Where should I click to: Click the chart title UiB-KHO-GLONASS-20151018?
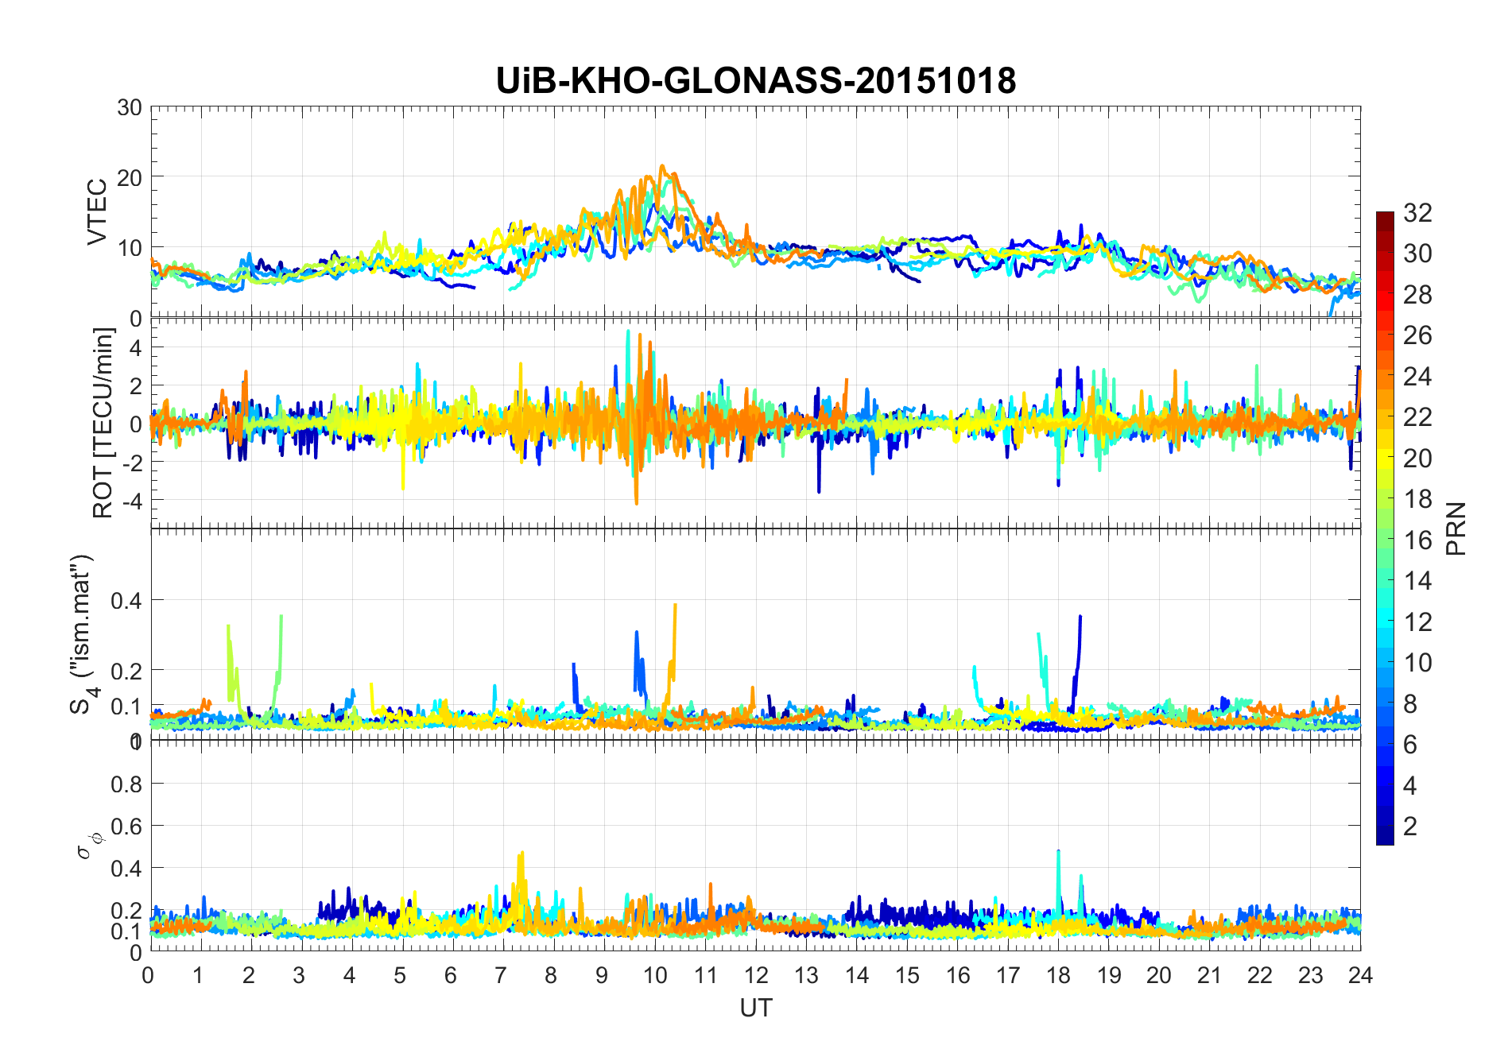[x=755, y=81]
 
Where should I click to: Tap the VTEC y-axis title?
[x=97, y=212]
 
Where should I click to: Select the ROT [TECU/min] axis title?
[x=103, y=423]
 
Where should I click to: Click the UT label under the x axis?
[x=755, y=1009]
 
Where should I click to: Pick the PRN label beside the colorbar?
[x=1456, y=528]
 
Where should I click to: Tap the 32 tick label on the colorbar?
[x=1417, y=213]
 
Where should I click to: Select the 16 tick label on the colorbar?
[x=1417, y=540]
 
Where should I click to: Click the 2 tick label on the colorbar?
[x=1410, y=827]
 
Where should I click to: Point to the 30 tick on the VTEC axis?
[x=130, y=108]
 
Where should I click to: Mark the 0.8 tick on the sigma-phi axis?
[x=126, y=784]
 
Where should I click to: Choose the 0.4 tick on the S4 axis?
[x=126, y=600]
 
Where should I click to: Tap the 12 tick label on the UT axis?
[x=756, y=975]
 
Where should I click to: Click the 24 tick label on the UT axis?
[x=1360, y=975]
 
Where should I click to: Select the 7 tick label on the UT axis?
[x=502, y=975]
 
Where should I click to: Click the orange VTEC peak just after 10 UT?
[x=662, y=167]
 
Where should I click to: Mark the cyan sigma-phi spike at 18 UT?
[x=1058, y=852]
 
